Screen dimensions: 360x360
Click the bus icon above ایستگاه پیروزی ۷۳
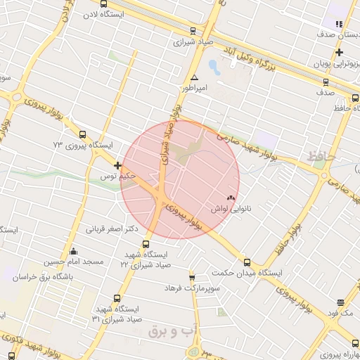[83, 134]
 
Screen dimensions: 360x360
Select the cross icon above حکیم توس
[117, 166]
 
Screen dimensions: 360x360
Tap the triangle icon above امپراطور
[194, 77]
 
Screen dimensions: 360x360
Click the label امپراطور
[193, 89]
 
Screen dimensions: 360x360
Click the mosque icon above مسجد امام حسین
[73, 251]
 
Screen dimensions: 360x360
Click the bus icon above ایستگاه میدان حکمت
[246, 262]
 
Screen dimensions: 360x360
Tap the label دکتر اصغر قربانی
[112, 229]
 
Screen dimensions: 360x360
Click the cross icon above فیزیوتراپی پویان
[339, 52]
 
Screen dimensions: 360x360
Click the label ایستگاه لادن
[103, 14]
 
